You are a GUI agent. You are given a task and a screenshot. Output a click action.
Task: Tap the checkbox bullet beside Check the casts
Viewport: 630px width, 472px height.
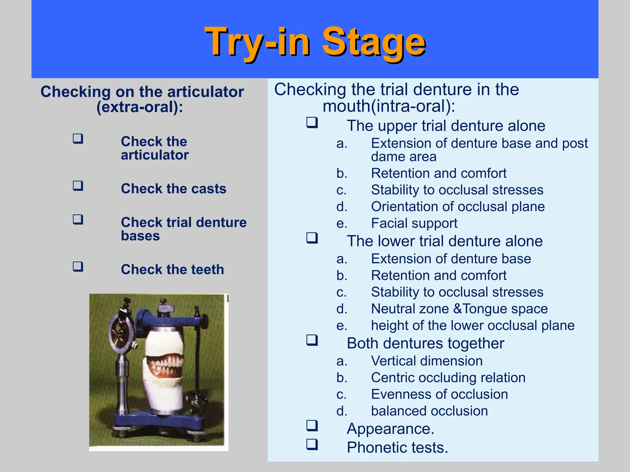[x=78, y=186]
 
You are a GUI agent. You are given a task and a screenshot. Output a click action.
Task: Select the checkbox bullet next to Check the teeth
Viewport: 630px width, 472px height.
[x=78, y=266]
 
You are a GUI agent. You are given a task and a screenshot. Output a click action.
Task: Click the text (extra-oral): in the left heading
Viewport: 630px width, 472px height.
[x=140, y=107]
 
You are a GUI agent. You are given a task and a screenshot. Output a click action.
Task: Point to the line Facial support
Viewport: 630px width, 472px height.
[x=414, y=223]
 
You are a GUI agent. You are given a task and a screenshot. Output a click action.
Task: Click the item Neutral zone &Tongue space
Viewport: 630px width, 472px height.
[x=459, y=309]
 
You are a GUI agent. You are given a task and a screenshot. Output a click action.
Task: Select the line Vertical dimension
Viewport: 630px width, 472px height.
[x=427, y=361]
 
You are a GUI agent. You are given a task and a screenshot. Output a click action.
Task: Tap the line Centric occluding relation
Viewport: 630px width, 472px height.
[x=448, y=377]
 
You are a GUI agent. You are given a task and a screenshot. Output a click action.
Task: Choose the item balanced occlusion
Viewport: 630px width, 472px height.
[x=429, y=411]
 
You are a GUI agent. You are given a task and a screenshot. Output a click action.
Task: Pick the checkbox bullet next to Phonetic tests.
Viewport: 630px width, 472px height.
[x=312, y=444]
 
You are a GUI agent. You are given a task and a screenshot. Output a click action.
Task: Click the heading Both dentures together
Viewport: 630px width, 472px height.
[x=425, y=343]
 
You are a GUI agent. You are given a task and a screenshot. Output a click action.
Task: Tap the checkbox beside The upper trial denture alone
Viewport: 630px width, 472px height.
[x=312, y=123]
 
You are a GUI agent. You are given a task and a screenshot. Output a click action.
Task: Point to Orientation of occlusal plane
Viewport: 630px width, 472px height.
[x=458, y=206]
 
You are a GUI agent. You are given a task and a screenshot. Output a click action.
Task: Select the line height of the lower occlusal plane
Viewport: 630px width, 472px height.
[x=472, y=325]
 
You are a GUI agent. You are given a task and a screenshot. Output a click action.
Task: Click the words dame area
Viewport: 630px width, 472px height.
[x=404, y=157]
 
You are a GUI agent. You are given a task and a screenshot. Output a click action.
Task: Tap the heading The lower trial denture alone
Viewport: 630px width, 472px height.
[x=445, y=241]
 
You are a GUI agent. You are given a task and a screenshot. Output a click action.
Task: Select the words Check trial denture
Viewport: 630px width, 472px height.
[x=184, y=222]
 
